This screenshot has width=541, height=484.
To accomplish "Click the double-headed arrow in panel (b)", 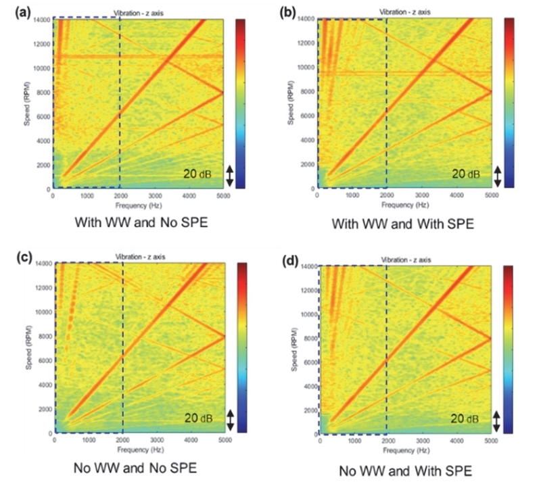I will coord(498,176).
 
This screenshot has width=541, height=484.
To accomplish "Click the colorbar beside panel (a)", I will coord(239,102).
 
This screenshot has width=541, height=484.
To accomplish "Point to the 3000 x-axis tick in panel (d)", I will coord(421,441).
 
